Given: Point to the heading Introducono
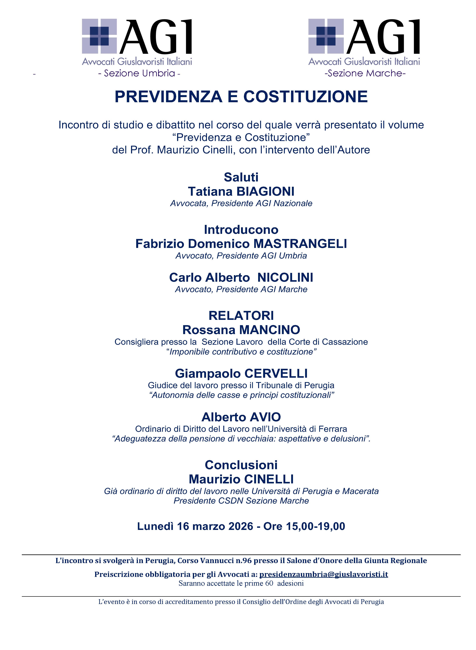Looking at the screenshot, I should pos(241,230).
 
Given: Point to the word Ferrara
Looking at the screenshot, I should pos(333,429).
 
